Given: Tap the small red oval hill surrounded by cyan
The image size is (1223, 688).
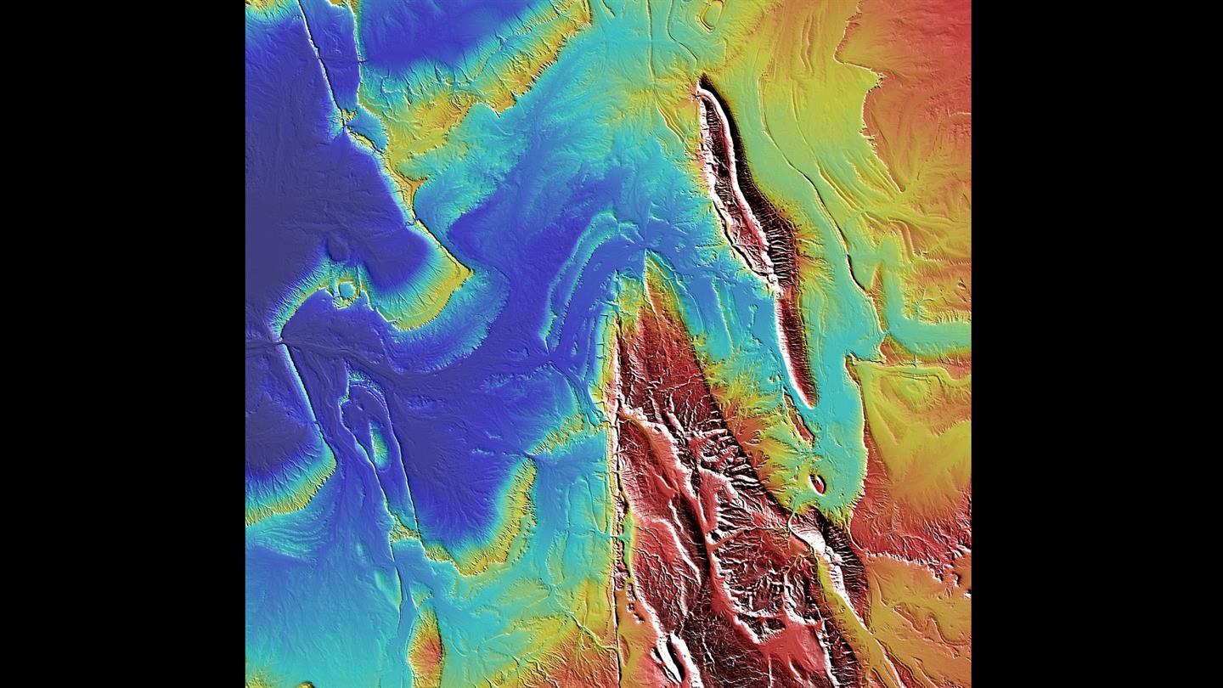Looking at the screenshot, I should (817, 483).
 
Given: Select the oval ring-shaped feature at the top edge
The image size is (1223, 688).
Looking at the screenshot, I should (709, 14).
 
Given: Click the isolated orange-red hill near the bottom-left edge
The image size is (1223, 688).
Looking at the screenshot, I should (427, 650).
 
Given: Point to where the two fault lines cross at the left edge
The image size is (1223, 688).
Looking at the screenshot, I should (279, 341).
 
